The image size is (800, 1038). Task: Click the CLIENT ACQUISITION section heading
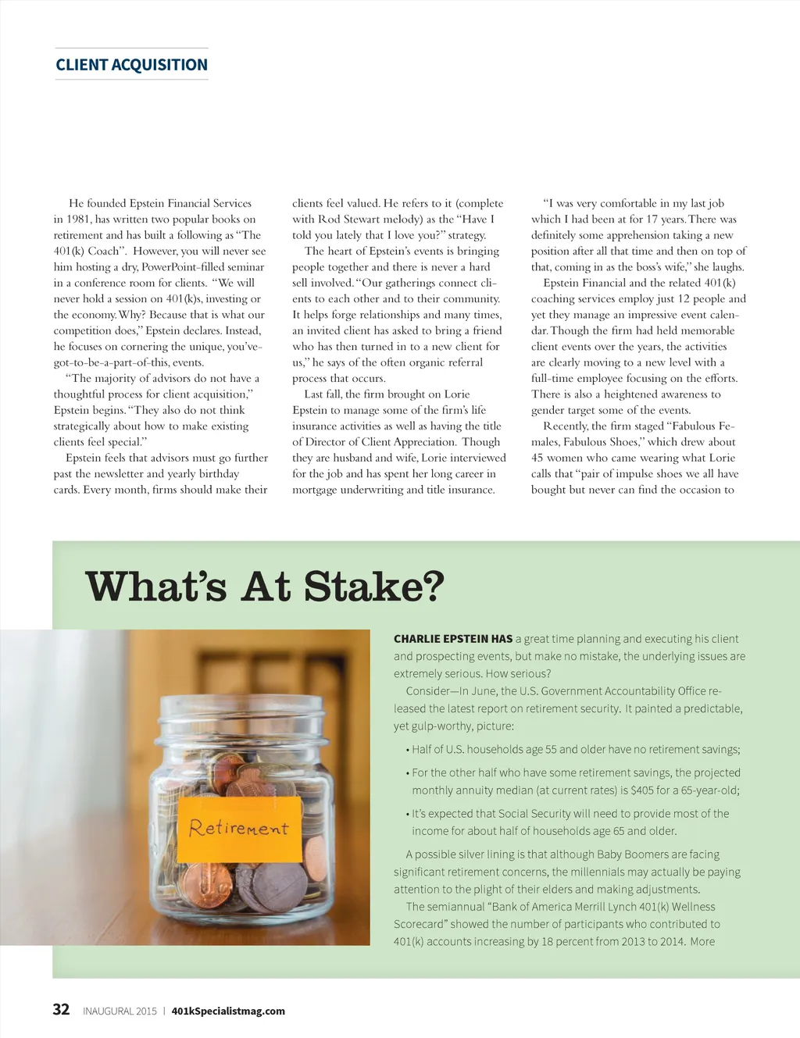coord(131,65)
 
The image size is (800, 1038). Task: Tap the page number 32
coord(61,1009)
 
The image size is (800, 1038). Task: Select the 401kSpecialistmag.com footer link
coord(228,1011)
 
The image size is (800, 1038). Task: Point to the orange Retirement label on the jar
coord(239,828)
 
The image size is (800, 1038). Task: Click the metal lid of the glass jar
coord(241,709)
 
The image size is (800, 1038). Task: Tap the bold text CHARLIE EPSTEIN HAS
coord(453,639)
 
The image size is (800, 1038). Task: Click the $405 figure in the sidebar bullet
coord(642,790)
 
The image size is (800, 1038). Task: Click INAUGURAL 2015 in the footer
coord(120,1011)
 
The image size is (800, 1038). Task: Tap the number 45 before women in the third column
coord(537,458)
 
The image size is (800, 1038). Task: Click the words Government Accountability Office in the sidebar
coord(623,691)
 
